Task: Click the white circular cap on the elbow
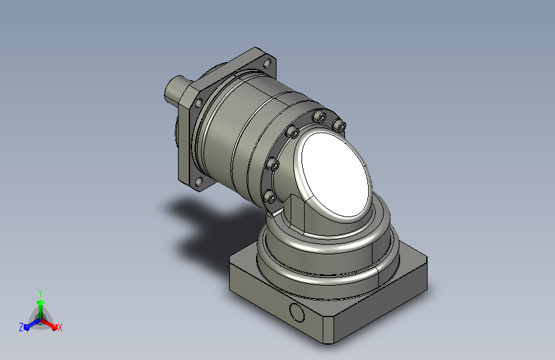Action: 336,175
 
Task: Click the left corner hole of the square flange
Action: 198,103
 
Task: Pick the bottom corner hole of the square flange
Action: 199,183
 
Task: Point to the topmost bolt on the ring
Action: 319,116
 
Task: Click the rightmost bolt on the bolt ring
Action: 340,125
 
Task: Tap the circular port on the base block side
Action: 296,312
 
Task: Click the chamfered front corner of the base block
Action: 328,330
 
